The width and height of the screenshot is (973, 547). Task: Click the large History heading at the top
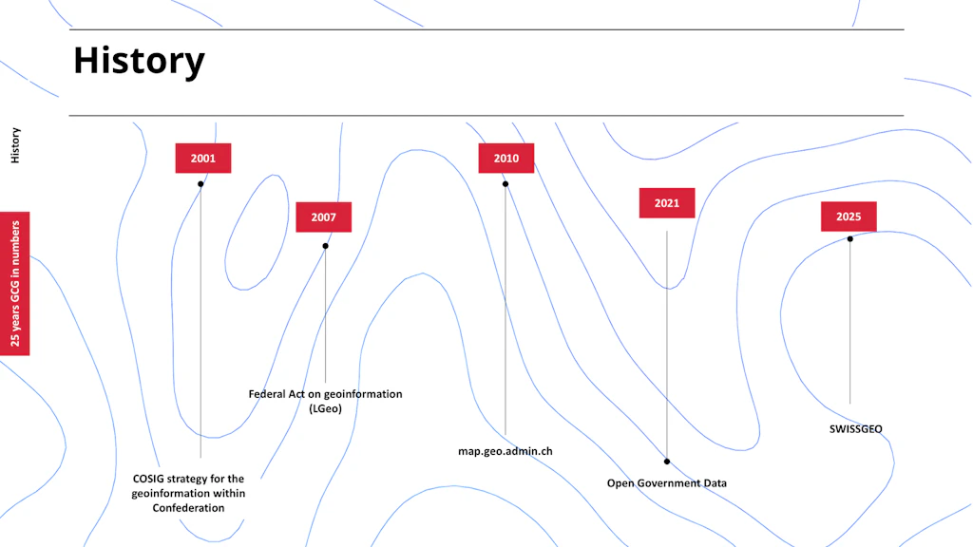(139, 61)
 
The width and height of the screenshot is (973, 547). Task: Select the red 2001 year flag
(203, 159)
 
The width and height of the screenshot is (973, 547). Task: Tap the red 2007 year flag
(323, 217)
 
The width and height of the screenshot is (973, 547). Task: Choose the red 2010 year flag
(506, 159)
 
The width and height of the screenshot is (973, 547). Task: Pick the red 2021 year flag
(667, 203)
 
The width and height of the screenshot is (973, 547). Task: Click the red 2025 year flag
(849, 217)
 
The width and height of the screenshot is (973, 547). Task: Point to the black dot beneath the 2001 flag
(200, 184)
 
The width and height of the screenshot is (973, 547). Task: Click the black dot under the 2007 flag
(325, 246)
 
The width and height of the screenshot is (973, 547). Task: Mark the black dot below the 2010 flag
(506, 184)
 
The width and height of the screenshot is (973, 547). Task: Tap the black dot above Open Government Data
(667, 462)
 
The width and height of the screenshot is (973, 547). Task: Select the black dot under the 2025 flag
(850, 238)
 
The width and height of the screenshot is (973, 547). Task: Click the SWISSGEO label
(856, 429)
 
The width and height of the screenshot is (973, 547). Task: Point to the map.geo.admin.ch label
(506, 451)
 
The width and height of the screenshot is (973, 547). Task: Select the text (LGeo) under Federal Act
(325, 408)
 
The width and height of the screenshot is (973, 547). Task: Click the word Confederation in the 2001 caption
(189, 508)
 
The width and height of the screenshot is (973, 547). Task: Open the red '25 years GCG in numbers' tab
(15, 283)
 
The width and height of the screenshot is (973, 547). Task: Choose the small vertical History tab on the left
(15, 145)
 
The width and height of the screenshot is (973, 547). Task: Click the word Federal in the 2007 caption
(267, 394)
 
